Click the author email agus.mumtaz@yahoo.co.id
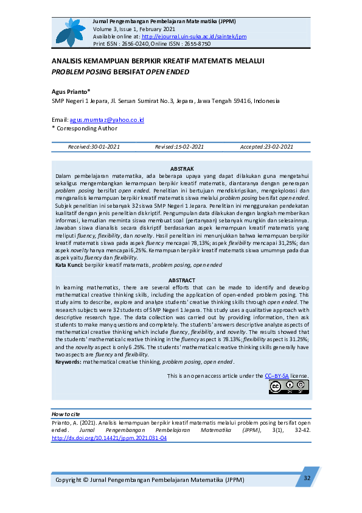(x=106, y=121)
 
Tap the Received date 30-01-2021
(x=94, y=147)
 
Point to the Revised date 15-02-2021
(x=179, y=147)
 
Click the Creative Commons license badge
(x=288, y=387)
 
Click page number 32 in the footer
(x=307, y=478)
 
